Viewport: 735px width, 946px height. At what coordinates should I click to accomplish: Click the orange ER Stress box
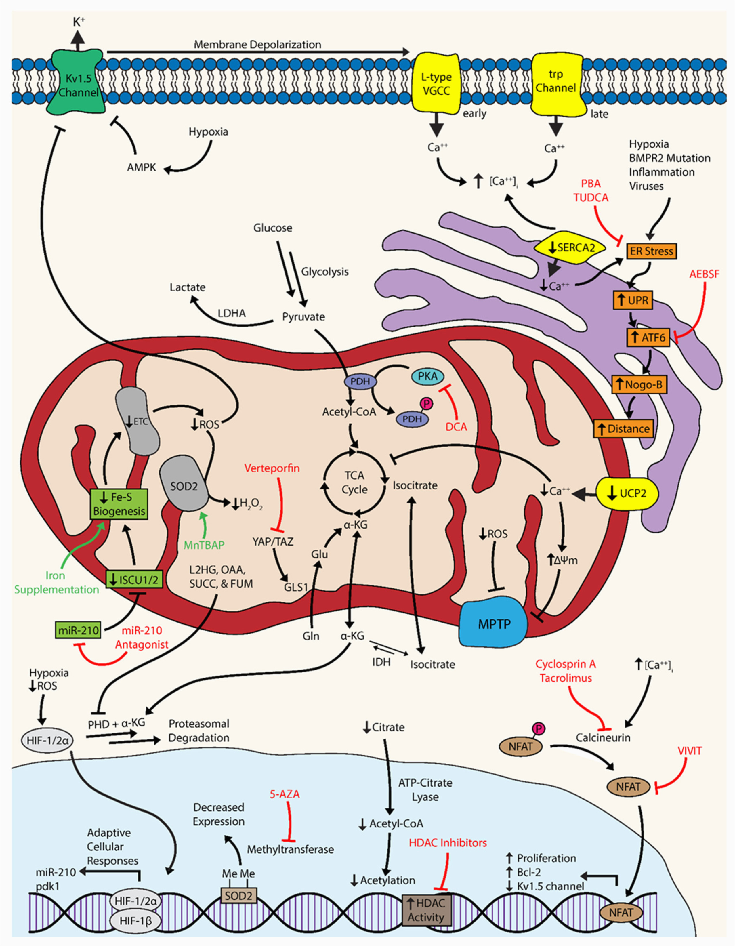(x=651, y=251)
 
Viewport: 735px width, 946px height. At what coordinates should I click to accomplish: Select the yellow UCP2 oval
(x=627, y=493)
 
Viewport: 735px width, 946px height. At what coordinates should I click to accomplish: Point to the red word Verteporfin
(x=272, y=468)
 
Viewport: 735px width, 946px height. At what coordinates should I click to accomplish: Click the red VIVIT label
(x=690, y=751)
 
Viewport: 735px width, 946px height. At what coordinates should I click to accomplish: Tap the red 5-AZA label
(x=284, y=794)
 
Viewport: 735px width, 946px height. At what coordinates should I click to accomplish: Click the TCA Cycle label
(x=354, y=482)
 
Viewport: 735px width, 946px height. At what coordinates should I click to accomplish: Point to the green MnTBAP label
(x=204, y=545)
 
